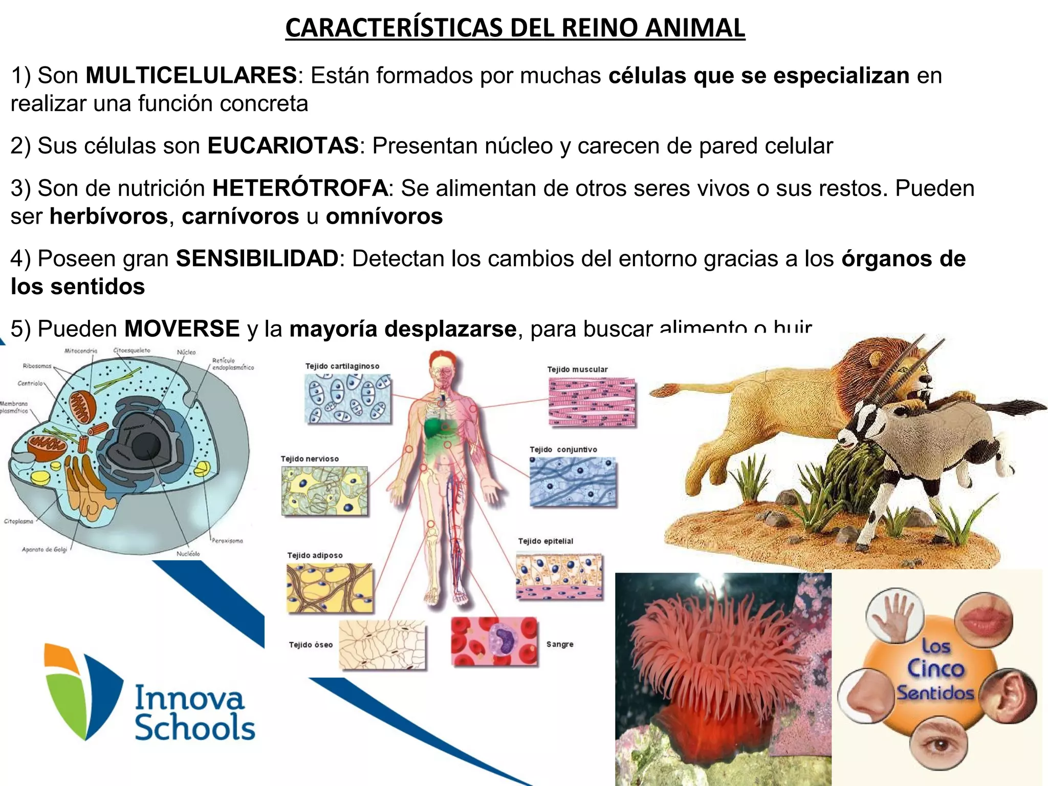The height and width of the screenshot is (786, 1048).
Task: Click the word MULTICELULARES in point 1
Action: [191, 76]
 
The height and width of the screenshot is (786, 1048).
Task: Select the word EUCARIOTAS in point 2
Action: [283, 146]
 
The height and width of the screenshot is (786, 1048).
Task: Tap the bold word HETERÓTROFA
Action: [300, 188]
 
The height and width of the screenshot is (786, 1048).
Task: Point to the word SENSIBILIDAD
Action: [257, 258]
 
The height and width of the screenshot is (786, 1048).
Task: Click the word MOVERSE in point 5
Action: [182, 329]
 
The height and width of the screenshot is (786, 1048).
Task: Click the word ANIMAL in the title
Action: [694, 28]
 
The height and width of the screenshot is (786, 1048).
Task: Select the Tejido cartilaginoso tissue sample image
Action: [348, 399]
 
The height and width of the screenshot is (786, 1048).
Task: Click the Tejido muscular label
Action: [577, 369]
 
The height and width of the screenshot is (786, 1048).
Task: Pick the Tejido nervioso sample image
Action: [324, 491]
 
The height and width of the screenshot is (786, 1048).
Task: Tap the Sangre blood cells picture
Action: [494, 642]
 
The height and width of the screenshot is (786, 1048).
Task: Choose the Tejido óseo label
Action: [311, 645]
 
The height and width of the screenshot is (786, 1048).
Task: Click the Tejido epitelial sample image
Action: [559, 576]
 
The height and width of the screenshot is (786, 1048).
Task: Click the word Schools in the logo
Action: [195, 729]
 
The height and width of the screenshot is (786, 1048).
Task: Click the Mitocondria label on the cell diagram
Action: [81, 351]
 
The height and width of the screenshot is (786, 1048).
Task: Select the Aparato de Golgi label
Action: [45, 550]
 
